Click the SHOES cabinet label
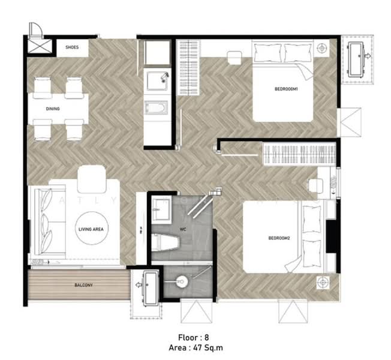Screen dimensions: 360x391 73,47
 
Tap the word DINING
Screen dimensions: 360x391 52,109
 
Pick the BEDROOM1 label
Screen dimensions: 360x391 287,89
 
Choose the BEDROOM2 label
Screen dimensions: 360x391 279,239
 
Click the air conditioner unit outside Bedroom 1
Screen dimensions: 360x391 358,58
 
